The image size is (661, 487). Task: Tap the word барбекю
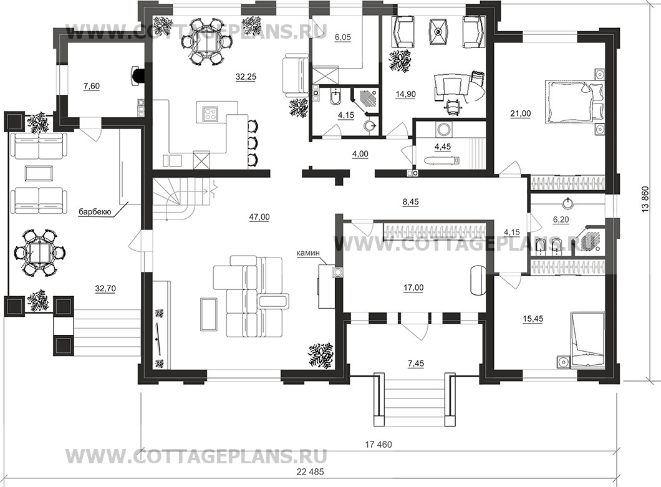click(95, 212)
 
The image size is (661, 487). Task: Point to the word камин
click(309, 253)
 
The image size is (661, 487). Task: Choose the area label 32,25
click(246, 77)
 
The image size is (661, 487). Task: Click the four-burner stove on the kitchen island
click(210, 113)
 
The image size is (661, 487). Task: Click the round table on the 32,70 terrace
click(40, 252)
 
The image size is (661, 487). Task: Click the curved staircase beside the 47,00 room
click(182, 198)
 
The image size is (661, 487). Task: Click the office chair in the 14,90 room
click(451, 104)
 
